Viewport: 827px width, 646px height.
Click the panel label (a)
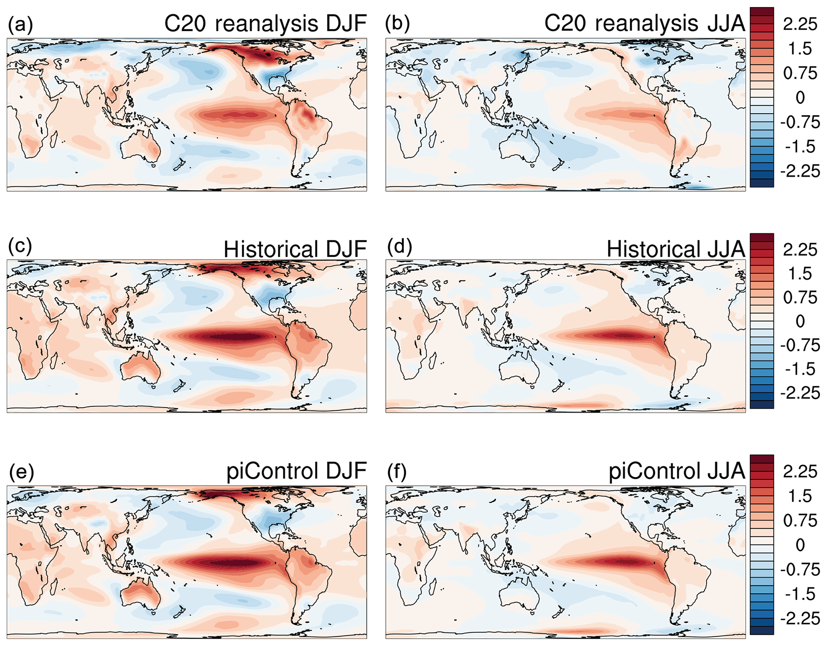point(20,25)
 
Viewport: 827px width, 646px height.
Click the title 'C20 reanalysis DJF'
point(265,24)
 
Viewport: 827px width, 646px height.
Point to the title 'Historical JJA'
point(675,250)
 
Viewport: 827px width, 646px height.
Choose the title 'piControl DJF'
point(296,471)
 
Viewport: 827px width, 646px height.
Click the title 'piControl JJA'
point(677,471)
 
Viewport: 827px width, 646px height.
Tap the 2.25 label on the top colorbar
point(800,24)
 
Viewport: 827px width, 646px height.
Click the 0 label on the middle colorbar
point(800,321)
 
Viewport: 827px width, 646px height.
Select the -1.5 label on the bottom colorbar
point(800,594)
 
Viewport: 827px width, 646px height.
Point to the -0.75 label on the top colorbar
point(800,122)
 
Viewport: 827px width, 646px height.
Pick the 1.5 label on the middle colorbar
point(800,274)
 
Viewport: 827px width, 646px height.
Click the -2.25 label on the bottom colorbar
point(800,619)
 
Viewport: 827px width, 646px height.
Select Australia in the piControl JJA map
point(519,596)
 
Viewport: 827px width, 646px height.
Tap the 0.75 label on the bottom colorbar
point(800,521)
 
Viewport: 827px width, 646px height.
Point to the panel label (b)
point(397,24)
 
